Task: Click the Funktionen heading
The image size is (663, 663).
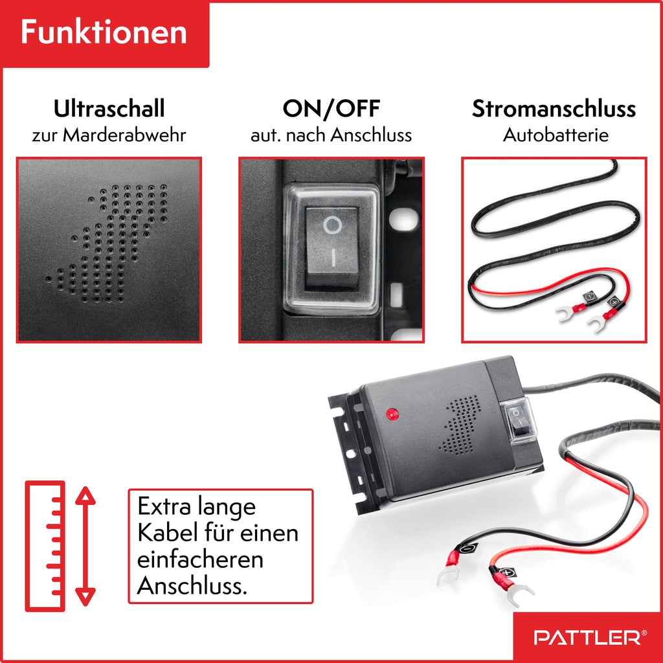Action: pos(104,33)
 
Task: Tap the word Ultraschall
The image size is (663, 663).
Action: pos(109,109)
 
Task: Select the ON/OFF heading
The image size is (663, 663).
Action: pos(331,109)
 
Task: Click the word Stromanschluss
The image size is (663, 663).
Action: pos(554,109)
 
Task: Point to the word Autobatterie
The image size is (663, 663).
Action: pos(556,136)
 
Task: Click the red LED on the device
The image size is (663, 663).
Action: pos(390,413)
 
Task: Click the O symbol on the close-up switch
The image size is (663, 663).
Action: pos(332,225)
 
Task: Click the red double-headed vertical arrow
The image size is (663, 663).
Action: pos(85,546)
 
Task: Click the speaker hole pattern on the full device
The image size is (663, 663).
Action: pos(461,425)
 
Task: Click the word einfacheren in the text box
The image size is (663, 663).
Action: pos(200,559)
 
